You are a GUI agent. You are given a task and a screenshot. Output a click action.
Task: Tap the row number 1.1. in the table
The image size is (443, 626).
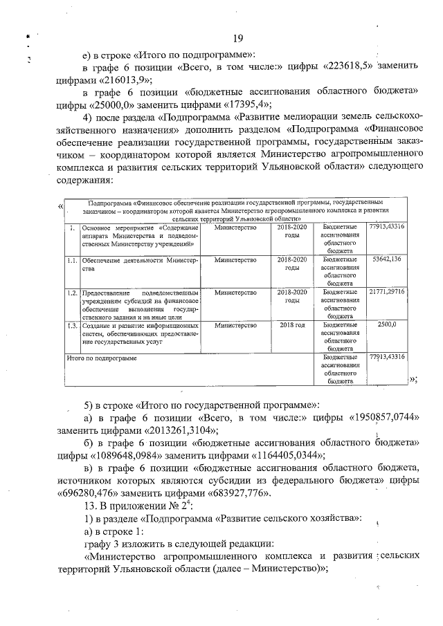coord(71,260)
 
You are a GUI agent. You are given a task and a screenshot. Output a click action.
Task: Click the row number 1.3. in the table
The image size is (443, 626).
coord(71,324)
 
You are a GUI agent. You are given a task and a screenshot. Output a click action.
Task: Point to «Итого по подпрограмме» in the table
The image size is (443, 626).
coord(101,358)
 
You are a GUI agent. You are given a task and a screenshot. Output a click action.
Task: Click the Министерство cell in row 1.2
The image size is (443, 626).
coord(235,293)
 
